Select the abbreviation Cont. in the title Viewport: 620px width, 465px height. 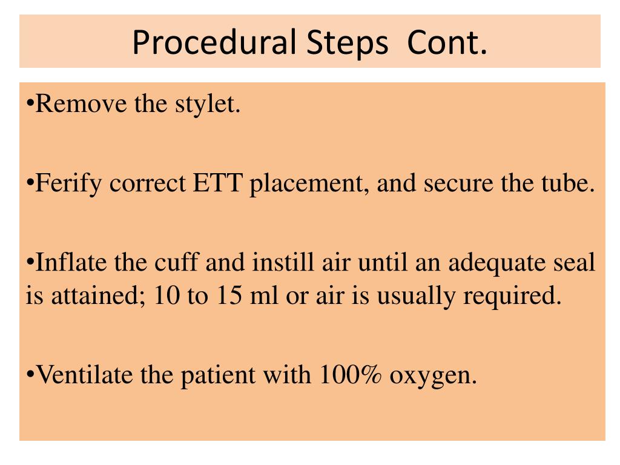(447, 42)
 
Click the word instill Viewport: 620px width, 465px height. (279, 264)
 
